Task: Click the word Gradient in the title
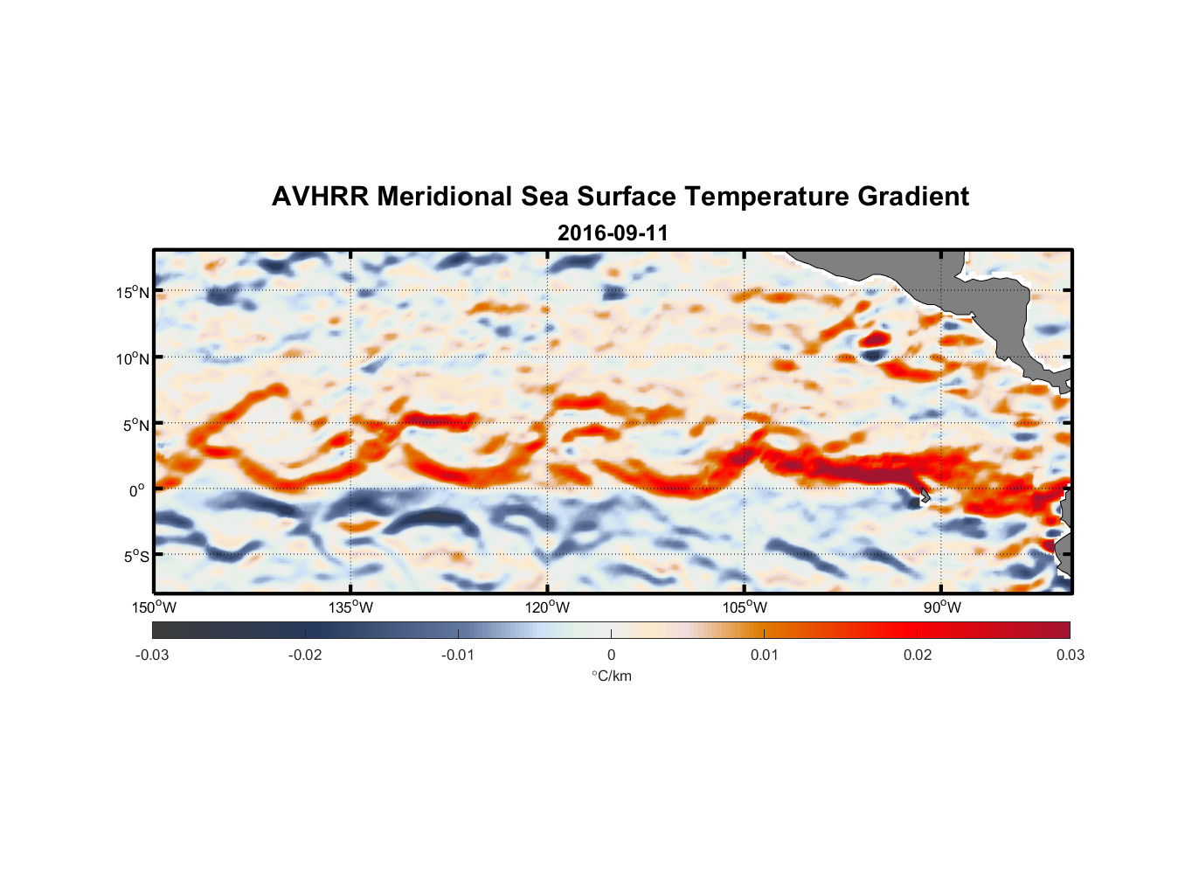point(913,197)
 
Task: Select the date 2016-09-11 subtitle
point(613,233)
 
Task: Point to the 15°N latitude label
point(133,292)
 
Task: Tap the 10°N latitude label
point(133,358)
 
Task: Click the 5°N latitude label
point(135,425)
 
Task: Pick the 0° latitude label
point(138,490)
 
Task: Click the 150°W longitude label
point(155,607)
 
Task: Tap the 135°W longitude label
point(351,607)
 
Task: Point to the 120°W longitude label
point(548,607)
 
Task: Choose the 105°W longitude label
point(745,607)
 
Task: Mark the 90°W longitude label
point(942,607)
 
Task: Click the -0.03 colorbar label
point(152,655)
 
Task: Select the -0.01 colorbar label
point(458,655)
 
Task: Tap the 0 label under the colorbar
point(611,655)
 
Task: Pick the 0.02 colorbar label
point(918,655)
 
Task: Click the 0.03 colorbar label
point(1070,655)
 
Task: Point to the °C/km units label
point(611,676)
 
